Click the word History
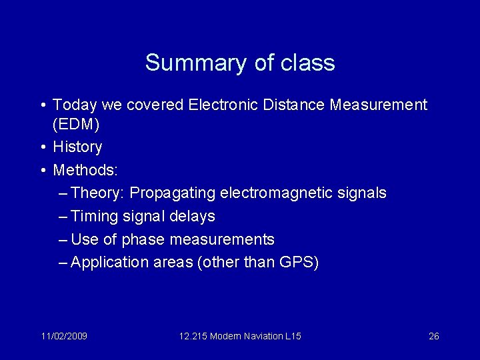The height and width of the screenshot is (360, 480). [77, 147]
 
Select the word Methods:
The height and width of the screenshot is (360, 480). [85, 170]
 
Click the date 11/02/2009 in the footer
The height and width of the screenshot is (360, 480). [63, 336]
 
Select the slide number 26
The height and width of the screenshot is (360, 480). [433, 336]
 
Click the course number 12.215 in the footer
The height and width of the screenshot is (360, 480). [193, 336]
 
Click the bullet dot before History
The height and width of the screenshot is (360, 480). [43, 147]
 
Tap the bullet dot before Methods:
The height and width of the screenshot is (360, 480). [43, 171]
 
